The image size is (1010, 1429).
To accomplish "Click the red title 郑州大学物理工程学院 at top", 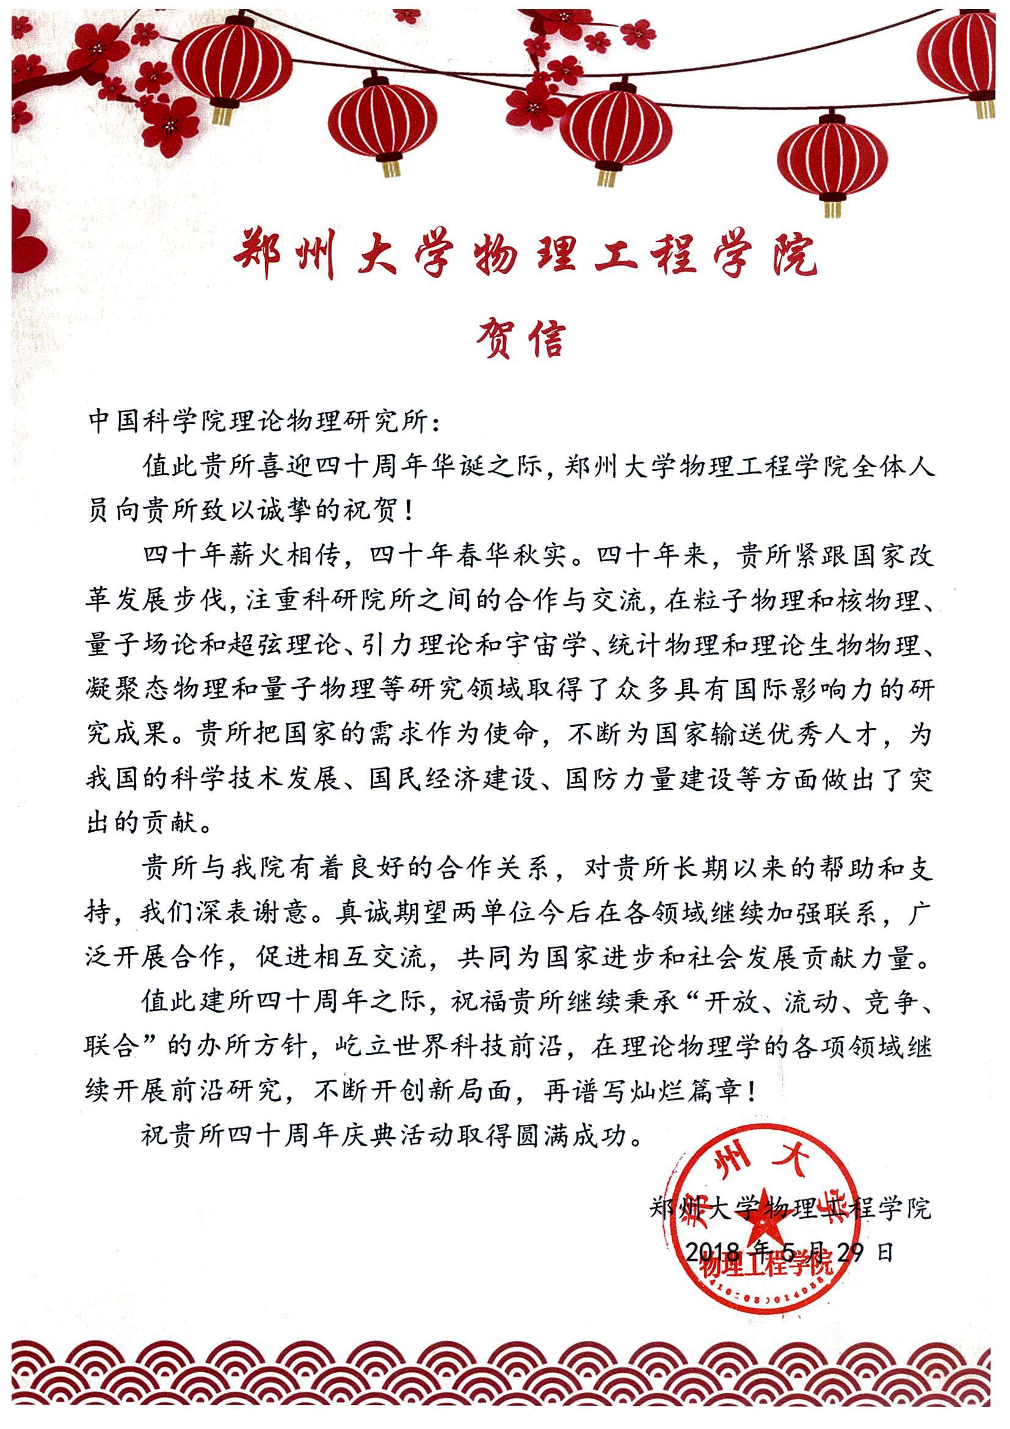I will (x=525, y=253).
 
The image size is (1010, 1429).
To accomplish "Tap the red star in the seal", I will (x=768, y=1225).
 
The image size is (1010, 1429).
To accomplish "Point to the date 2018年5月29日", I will (x=789, y=1253).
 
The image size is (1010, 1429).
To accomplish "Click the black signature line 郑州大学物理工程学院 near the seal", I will (x=790, y=1207).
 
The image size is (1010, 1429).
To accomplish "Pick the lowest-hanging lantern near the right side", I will (x=832, y=162).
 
